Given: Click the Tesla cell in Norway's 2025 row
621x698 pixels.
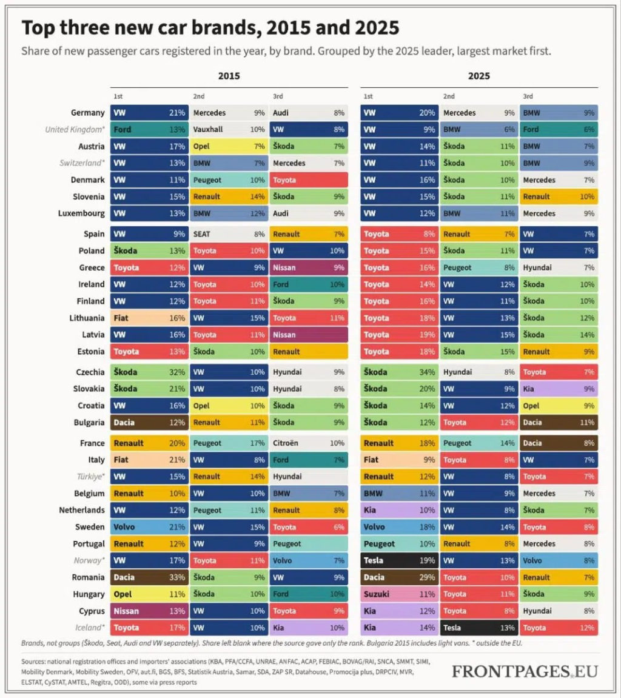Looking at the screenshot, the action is pos(399,560).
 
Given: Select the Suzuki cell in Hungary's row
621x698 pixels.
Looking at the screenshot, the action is pos(399,594).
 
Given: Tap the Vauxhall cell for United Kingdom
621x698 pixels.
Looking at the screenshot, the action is pos(229,130).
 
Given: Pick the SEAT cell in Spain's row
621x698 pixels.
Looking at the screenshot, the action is pos(229,234).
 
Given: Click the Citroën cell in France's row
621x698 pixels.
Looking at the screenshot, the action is pos(309,443).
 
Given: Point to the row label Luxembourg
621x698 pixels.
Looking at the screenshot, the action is pos(81,213).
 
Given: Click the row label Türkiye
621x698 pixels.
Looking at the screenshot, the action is pos(91,477).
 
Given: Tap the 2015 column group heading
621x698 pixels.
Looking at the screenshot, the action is pos(229,76).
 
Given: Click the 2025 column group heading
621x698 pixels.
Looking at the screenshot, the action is pos(479,76).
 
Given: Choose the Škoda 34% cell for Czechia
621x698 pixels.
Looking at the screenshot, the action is pos(399,372).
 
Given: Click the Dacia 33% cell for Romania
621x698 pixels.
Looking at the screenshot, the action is pos(149,577).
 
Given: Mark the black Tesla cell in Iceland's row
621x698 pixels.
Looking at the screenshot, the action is pos(479,628).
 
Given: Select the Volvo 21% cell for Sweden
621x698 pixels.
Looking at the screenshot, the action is pos(149,527).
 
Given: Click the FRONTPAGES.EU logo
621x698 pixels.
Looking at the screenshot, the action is pos(525,671).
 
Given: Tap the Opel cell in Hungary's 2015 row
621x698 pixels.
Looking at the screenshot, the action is pos(149,594).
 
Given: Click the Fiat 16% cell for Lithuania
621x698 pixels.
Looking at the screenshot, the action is pos(149,318).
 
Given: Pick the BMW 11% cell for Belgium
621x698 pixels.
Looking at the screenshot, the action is pos(399,493).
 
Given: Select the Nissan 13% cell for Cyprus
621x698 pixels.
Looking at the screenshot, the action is pos(149,611).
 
